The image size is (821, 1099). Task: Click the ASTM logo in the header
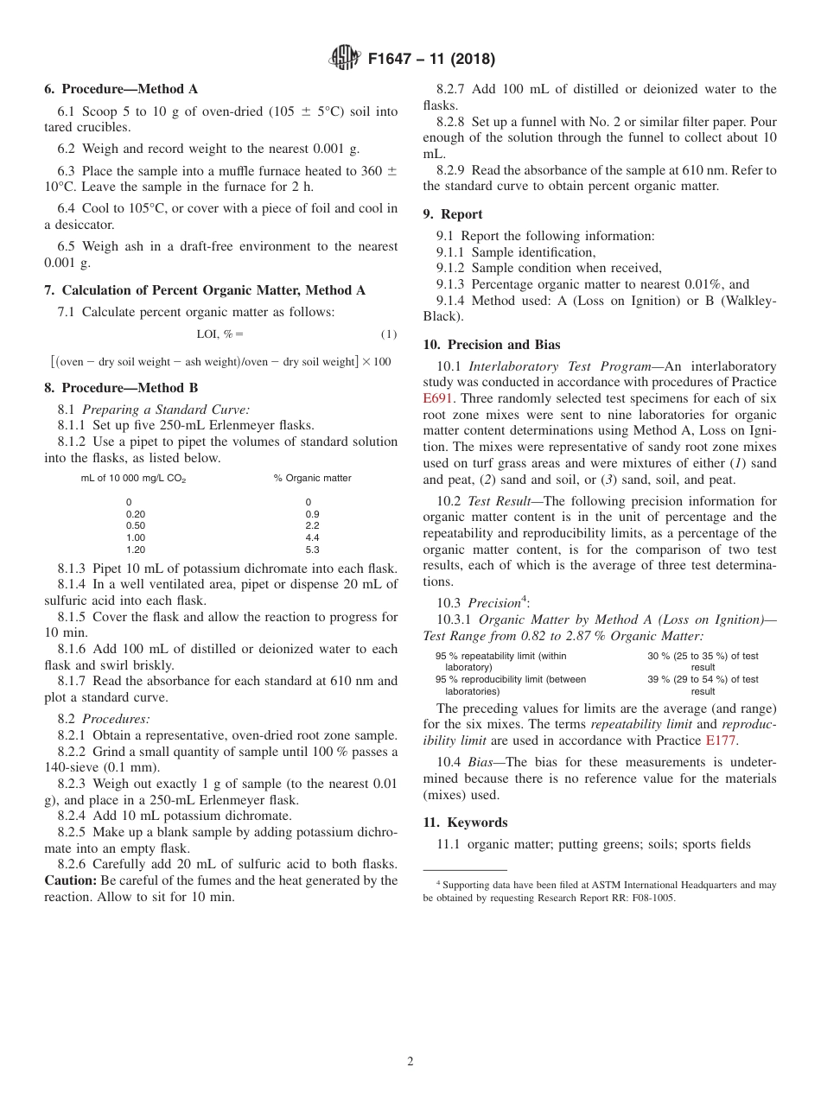coord(346,60)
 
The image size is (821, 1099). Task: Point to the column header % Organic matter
coord(312,478)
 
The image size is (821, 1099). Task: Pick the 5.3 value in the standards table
coord(312,549)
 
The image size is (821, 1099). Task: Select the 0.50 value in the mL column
coord(136,525)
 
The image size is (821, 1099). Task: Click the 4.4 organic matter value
coord(312,537)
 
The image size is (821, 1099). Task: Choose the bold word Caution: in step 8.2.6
coord(71,880)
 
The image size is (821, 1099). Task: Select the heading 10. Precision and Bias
coord(491,345)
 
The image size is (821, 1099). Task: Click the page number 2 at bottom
coord(410,1062)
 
